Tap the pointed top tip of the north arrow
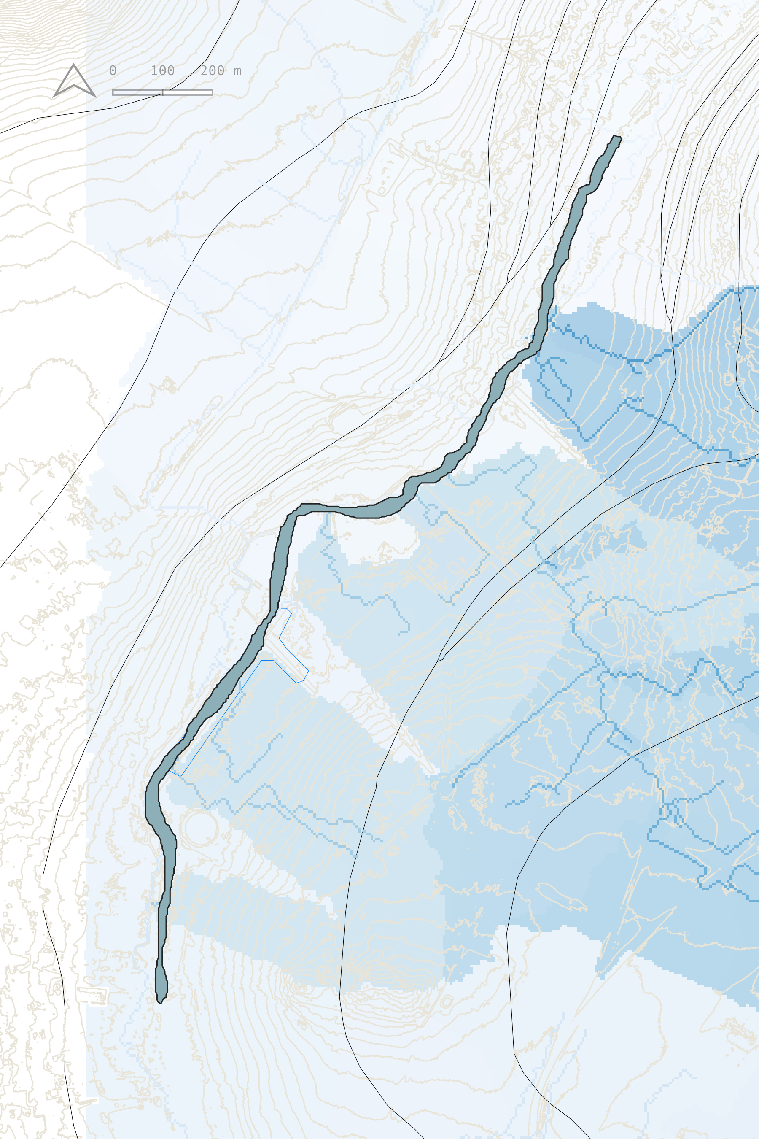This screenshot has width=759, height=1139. click(73, 65)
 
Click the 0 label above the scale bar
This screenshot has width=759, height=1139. click(113, 71)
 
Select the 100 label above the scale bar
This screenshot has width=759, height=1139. click(163, 71)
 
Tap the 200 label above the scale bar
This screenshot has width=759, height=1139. click(213, 71)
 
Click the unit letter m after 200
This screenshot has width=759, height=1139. click(237, 71)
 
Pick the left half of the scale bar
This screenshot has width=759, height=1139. click(137, 92)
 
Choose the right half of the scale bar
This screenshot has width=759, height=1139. click(188, 92)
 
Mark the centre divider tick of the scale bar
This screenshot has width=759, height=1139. click(163, 92)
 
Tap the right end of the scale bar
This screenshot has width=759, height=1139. click(212, 92)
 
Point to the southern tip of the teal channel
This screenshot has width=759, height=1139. click(160, 1001)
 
